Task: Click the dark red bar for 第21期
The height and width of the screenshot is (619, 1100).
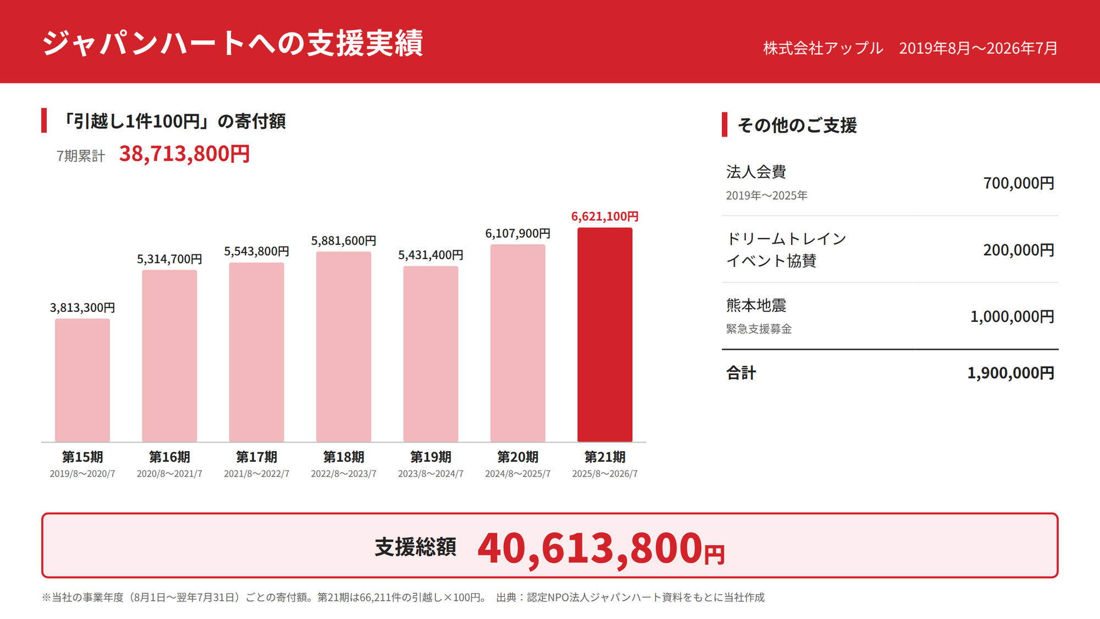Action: tap(604, 335)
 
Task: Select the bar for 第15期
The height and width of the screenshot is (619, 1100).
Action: tap(82, 380)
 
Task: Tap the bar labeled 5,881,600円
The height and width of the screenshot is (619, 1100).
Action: tap(344, 347)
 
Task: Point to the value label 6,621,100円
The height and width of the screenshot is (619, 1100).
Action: tap(604, 216)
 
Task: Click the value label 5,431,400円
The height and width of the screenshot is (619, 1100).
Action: tap(431, 255)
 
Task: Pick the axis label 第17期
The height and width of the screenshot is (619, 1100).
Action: tap(256, 457)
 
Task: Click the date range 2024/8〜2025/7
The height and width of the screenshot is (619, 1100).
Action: tap(518, 474)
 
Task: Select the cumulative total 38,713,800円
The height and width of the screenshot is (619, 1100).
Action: tap(185, 154)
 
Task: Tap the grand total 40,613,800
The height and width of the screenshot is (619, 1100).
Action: tap(590, 548)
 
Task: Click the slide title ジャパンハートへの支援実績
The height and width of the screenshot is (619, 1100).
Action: tap(233, 43)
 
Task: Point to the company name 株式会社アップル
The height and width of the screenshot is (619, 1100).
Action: tap(823, 48)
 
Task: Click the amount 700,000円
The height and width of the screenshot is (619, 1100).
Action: tap(1019, 183)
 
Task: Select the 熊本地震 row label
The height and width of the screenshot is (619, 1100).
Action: tap(756, 305)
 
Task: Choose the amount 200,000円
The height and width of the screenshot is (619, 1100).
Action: tap(1019, 250)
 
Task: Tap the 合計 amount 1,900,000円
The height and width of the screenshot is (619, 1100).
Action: tap(1011, 373)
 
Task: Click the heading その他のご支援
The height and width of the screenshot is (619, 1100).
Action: tap(797, 125)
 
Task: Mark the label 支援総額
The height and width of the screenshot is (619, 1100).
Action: tap(415, 547)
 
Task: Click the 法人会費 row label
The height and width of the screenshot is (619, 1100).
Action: tap(756, 172)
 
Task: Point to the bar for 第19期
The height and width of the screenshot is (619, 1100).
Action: tap(431, 354)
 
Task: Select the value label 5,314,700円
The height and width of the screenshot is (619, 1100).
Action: tap(169, 259)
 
